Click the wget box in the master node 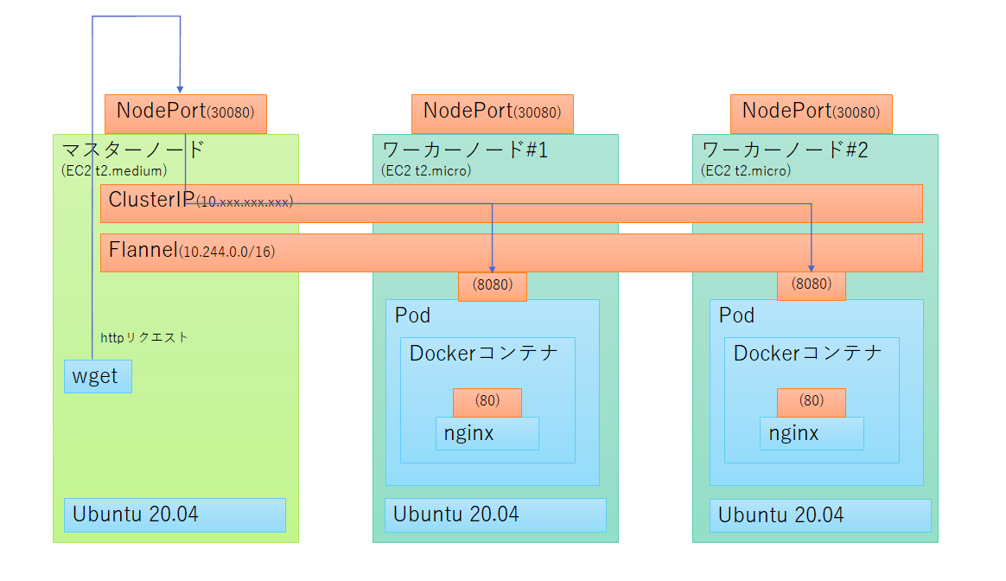tap(98, 377)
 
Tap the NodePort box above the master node tap(185, 113)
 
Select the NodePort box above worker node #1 tap(492, 113)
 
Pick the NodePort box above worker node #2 tap(811, 113)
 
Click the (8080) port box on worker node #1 tap(492, 286)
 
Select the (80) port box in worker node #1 tap(487, 401)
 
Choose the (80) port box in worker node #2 tap(811, 401)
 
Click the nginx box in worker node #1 tap(487, 433)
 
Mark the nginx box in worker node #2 tap(811, 433)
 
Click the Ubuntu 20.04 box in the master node tap(175, 514)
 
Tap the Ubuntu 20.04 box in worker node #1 tap(495, 514)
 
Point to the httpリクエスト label tap(144, 337)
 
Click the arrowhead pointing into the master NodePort tap(180, 88)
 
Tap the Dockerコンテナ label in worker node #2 tap(807, 353)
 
